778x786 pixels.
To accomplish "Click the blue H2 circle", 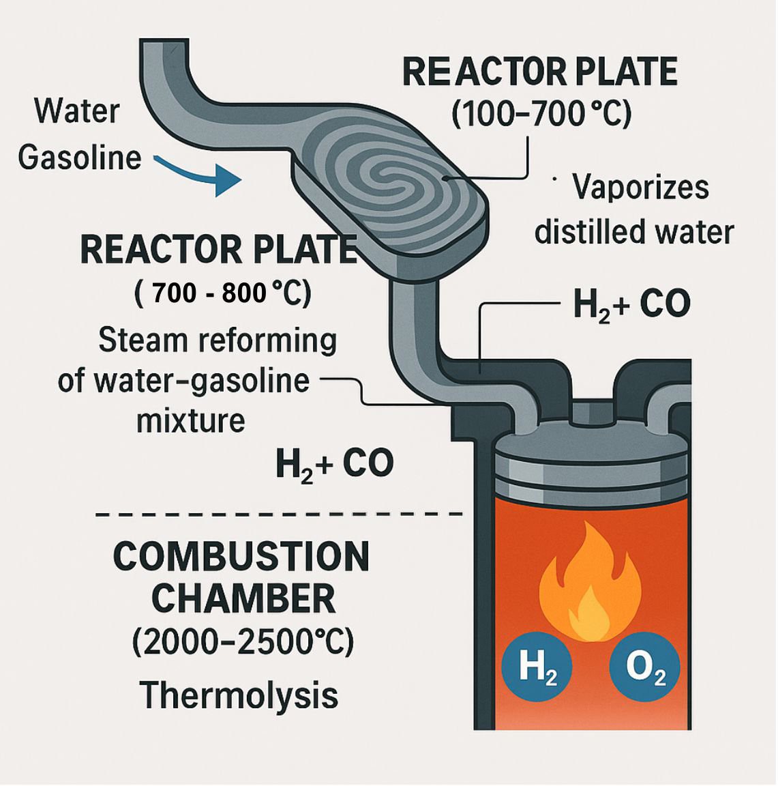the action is [537, 669].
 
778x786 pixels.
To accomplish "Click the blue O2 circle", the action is [645, 669].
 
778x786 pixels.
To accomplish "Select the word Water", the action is [77, 111].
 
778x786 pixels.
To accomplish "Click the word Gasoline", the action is [80, 158].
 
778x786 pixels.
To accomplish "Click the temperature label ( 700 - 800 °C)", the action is [223, 293].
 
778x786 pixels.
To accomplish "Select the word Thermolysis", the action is [239, 695].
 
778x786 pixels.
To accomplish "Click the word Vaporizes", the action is [641, 189].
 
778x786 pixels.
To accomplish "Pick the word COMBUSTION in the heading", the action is [241, 557].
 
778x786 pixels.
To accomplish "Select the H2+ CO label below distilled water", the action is [631, 304].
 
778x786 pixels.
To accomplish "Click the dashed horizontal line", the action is [278, 514].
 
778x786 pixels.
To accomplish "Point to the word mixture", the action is [191, 420].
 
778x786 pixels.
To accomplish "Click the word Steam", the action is [143, 340].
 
